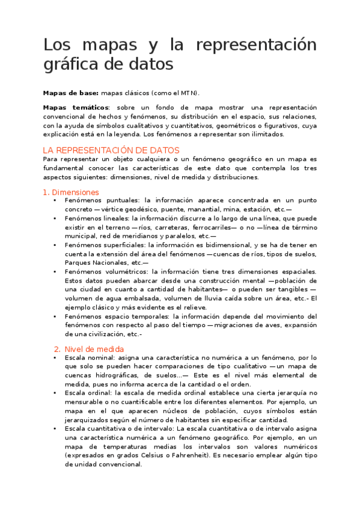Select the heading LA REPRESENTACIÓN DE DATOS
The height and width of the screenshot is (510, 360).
click(x=112, y=150)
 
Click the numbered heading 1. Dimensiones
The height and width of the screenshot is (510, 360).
click(x=71, y=192)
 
